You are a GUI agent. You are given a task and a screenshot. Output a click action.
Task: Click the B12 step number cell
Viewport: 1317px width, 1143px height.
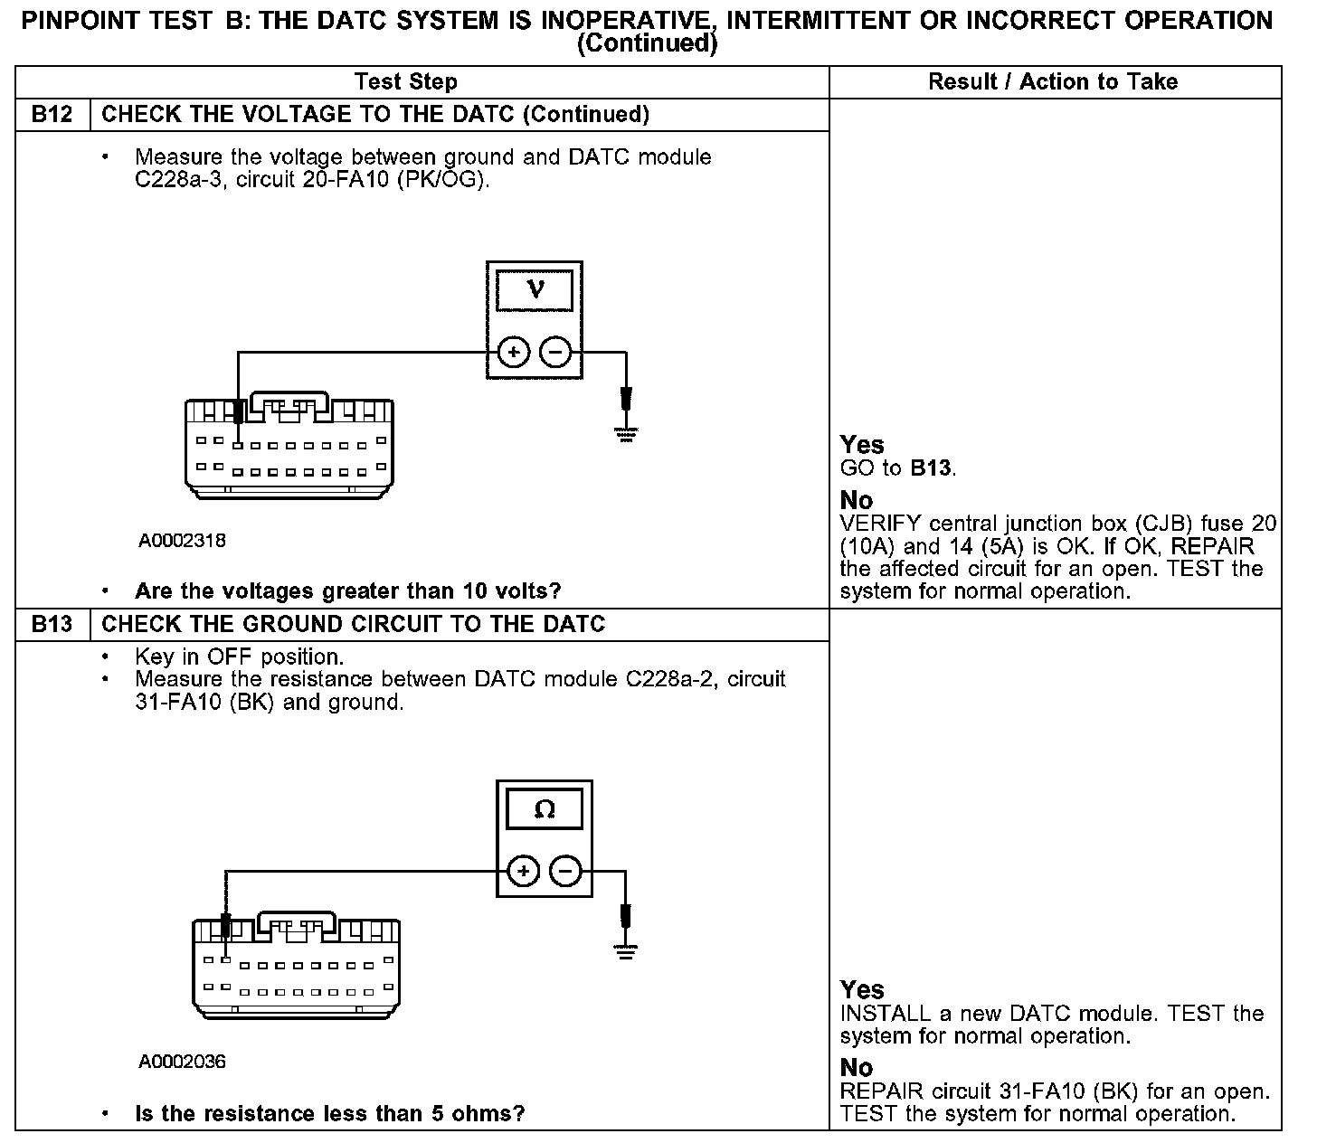(52, 115)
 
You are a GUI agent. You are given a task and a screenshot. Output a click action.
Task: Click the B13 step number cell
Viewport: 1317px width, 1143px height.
(52, 625)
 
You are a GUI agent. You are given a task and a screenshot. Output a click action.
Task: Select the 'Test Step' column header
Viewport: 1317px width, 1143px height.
(406, 81)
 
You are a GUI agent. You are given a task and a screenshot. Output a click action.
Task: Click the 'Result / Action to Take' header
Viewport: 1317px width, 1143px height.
(1053, 81)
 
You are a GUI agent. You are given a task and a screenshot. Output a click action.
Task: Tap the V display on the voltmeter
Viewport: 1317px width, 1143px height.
(535, 290)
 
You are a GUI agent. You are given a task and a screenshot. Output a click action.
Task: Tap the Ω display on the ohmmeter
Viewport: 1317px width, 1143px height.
(545, 809)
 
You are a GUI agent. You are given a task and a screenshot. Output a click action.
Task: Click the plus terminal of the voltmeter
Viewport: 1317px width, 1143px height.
(513, 352)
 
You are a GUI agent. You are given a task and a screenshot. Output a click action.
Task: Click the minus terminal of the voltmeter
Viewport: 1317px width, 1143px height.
(556, 352)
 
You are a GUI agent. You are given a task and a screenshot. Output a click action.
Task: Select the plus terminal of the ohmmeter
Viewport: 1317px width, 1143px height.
(523, 872)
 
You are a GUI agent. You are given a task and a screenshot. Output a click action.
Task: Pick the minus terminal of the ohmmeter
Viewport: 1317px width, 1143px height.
(566, 872)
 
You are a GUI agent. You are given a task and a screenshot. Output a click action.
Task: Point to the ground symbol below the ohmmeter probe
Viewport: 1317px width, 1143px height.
(625, 950)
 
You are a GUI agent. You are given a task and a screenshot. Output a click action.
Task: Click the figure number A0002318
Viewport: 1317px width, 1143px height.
(182, 541)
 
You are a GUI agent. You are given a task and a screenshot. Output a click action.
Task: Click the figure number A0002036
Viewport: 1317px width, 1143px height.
(182, 1062)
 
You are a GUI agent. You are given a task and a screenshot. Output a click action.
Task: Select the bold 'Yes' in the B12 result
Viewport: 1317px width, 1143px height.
(861, 445)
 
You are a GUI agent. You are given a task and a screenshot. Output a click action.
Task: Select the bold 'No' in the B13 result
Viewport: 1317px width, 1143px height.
(857, 1068)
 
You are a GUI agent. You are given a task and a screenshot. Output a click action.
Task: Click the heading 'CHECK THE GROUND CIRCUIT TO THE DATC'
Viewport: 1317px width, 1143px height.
(354, 625)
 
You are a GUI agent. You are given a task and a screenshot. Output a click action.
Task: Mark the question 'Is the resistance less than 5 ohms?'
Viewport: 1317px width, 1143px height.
(329, 1113)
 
